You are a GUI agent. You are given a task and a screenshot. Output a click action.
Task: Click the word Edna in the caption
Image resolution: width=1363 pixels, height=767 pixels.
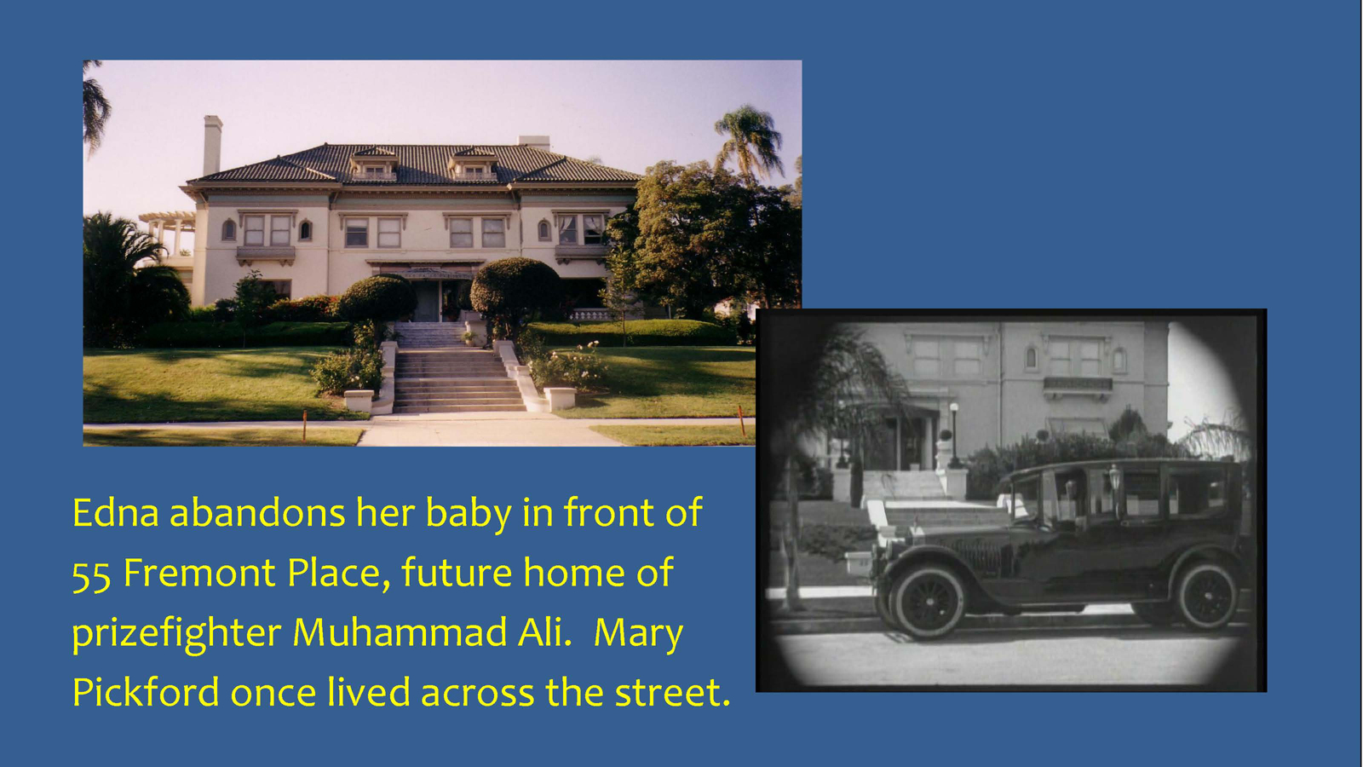click(115, 512)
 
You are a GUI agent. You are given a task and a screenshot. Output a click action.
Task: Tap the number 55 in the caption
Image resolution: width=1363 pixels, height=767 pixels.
click(91, 574)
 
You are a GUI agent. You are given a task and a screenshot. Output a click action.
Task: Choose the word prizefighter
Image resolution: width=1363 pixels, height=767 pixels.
click(176, 634)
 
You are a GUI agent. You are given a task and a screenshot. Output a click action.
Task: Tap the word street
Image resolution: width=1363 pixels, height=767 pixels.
click(672, 693)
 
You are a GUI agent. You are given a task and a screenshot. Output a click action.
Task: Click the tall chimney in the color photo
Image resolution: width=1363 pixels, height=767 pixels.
click(212, 145)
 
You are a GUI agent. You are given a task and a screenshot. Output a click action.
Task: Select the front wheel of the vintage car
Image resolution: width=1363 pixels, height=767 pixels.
click(929, 602)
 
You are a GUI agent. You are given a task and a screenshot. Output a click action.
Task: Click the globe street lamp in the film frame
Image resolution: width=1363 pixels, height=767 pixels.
click(953, 434)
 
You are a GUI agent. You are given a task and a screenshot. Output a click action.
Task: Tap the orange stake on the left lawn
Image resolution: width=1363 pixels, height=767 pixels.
click(304, 425)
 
